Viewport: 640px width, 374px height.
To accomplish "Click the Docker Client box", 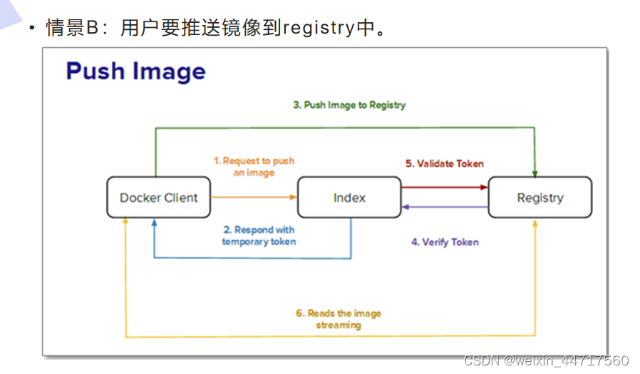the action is pyautogui.click(x=159, y=198).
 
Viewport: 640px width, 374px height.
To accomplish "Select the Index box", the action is pyautogui.click(x=349, y=198).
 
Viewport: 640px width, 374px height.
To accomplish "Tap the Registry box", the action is pyautogui.click(x=540, y=198).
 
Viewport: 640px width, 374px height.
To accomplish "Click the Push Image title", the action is pyautogui.click(x=136, y=71).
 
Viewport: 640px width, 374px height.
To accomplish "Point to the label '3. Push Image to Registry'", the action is pyautogui.click(x=349, y=105).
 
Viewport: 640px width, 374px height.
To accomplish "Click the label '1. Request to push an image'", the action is pyautogui.click(x=254, y=166).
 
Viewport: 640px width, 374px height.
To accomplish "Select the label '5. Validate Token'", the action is pyautogui.click(x=445, y=163).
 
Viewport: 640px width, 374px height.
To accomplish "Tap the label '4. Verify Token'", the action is pyautogui.click(x=445, y=242).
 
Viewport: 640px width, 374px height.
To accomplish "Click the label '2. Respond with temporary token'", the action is pyautogui.click(x=259, y=236).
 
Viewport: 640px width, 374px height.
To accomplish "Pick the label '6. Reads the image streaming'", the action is pyautogui.click(x=339, y=319).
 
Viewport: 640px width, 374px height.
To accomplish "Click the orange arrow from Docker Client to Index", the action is pyautogui.click(x=254, y=198).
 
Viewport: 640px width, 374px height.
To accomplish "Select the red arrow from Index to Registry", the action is pyautogui.click(x=445, y=187).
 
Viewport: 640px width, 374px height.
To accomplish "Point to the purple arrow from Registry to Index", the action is pyautogui.click(x=445, y=207).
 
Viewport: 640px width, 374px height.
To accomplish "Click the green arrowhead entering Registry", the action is pyautogui.click(x=535, y=173).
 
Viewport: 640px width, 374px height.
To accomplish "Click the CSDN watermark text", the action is pyautogui.click(x=546, y=360).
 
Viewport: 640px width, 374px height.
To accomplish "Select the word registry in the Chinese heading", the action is pyautogui.click(x=319, y=28).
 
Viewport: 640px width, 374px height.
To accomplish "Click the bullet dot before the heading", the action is pyautogui.click(x=32, y=29).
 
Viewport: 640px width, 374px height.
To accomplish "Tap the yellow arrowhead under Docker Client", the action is pyautogui.click(x=125, y=221).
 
